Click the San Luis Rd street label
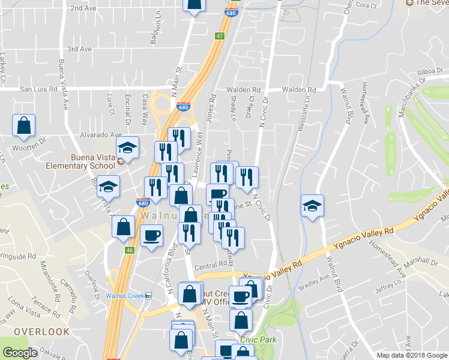pyautogui.click(x=38, y=89)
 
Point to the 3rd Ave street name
pyautogui.click(x=79, y=49)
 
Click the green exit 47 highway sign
pyautogui.click(x=220, y=36)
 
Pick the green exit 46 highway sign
pyautogui.click(x=128, y=249)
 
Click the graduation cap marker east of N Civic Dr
pyautogui.click(x=312, y=206)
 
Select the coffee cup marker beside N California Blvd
pyautogui.click(x=151, y=235)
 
